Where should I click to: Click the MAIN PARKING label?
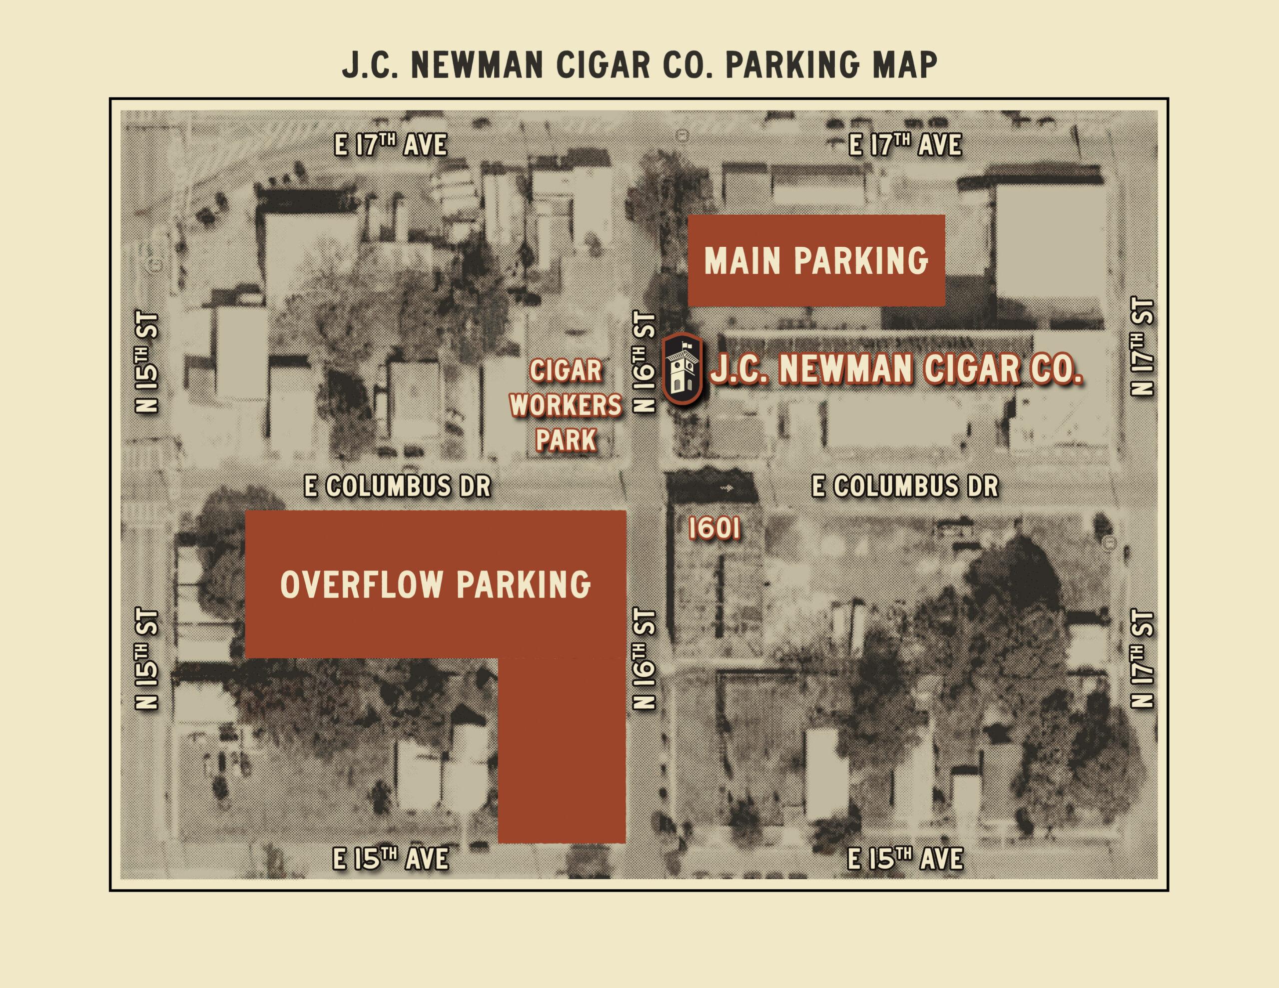(x=816, y=261)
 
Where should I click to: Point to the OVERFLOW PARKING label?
(x=436, y=584)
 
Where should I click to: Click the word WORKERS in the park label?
(x=566, y=405)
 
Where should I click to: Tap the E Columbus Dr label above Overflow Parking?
(x=397, y=486)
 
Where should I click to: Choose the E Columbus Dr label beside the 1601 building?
(x=904, y=486)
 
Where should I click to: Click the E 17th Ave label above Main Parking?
(x=905, y=145)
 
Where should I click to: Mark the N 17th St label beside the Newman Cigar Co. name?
(x=1143, y=347)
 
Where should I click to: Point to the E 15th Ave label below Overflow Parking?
(x=391, y=859)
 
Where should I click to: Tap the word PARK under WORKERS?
(x=566, y=440)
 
